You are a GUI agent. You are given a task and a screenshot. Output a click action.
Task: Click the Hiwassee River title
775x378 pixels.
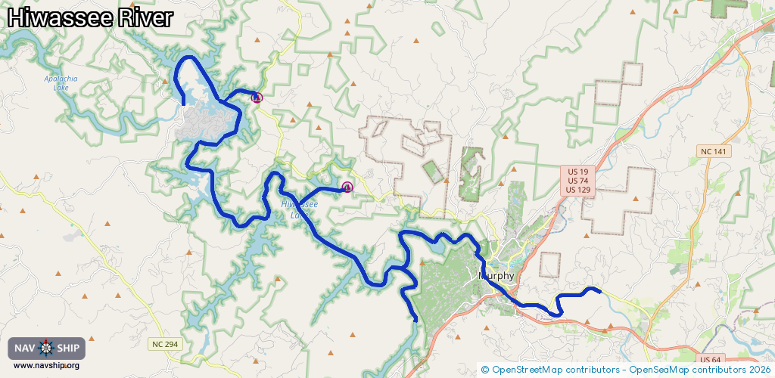tap(90, 18)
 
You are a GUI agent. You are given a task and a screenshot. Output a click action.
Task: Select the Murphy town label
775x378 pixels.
tap(496, 276)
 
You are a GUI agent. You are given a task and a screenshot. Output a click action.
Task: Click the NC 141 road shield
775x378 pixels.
tap(714, 152)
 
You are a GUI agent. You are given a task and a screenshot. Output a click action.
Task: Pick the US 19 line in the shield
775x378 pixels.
tap(578, 172)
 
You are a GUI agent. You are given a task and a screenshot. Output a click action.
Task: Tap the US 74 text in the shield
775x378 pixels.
tap(578, 181)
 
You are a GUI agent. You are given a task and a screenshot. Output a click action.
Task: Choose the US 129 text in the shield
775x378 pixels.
tap(578, 190)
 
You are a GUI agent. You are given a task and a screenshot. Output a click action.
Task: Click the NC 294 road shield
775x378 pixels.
tap(164, 344)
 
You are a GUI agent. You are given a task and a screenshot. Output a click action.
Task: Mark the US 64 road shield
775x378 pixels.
tap(710, 359)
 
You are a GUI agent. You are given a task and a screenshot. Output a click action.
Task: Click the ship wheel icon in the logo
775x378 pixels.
tap(46, 348)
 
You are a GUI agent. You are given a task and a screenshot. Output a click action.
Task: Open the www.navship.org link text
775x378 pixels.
tap(46, 366)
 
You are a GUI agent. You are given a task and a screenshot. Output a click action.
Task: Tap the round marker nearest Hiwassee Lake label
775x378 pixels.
tap(347, 187)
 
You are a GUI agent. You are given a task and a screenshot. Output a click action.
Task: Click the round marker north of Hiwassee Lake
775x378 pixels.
tap(257, 98)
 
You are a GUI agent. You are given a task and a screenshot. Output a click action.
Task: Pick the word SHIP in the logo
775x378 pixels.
tap(67, 348)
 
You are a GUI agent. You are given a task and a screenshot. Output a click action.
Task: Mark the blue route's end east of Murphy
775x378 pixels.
tap(599, 290)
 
